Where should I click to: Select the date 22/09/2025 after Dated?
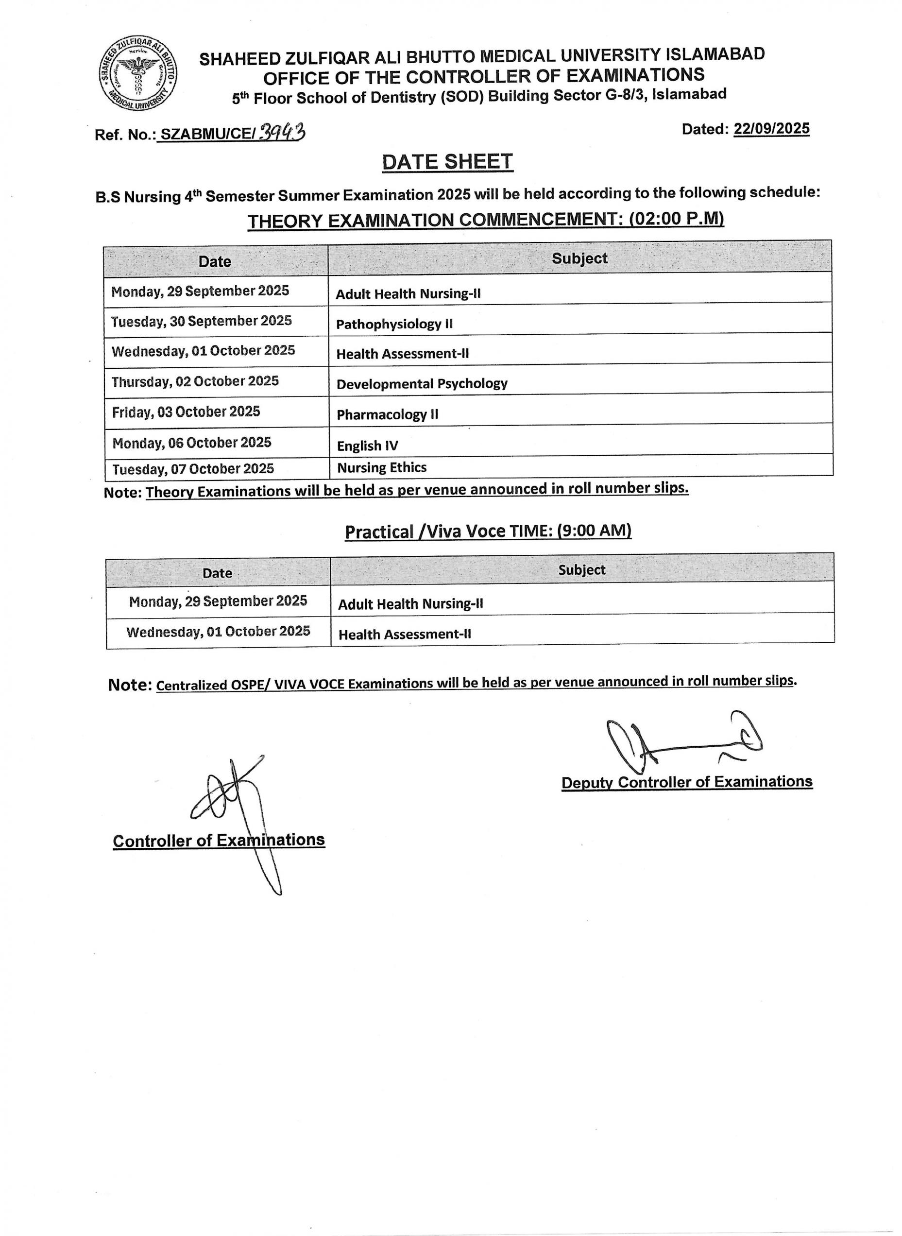click(x=771, y=129)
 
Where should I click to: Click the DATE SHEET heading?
click(x=447, y=162)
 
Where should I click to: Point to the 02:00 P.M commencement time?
click(x=677, y=219)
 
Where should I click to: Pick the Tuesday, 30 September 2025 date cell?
click(x=202, y=321)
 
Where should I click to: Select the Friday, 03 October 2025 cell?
click(x=186, y=412)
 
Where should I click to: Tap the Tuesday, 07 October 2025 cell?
click(x=193, y=469)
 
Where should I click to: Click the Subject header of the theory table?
click(x=579, y=258)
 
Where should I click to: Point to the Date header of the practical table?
click(x=217, y=573)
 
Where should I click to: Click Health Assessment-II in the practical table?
click(x=405, y=634)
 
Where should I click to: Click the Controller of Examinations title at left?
click(x=219, y=840)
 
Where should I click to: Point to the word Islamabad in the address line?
click(x=689, y=94)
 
